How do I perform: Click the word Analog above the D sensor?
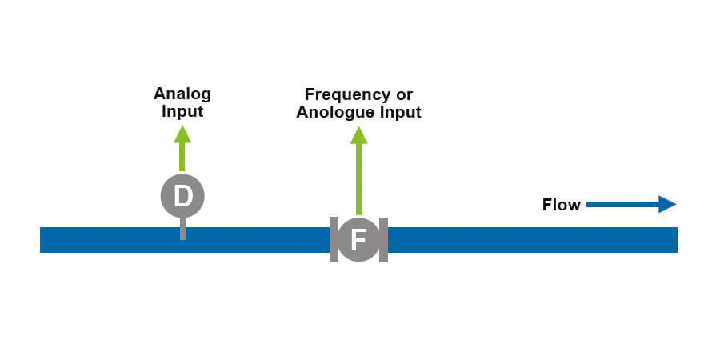pyautogui.click(x=182, y=94)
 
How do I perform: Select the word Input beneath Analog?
pyautogui.click(x=182, y=111)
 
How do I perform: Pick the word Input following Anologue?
pyautogui.click(x=399, y=113)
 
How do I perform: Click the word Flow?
pyautogui.click(x=561, y=205)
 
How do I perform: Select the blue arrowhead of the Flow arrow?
pyautogui.click(x=667, y=205)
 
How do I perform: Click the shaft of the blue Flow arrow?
pyautogui.click(x=621, y=205)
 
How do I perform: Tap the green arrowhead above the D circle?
pyautogui.click(x=182, y=134)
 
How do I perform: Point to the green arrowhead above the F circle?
pyautogui.click(x=358, y=134)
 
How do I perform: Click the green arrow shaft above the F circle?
pyautogui.click(x=358, y=180)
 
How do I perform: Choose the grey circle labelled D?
pyautogui.click(x=182, y=195)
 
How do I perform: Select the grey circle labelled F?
pyautogui.click(x=358, y=239)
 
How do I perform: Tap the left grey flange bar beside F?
pyautogui.click(x=333, y=239)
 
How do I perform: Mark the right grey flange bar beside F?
pyautogui.click(x=384, y=239)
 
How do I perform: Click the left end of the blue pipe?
pyautogui.click(x=45, y=240)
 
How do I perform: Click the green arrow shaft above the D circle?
pyautogui.click(x=182, y=157)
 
